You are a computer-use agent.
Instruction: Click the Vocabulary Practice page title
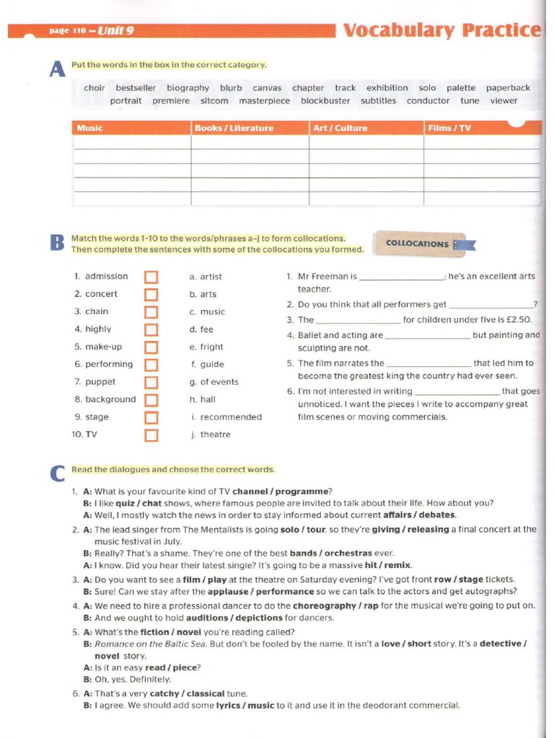(441, 30)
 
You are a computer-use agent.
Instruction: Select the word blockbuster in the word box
(325, 101)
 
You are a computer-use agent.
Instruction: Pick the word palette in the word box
(461, 88)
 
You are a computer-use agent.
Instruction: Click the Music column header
(90, 128)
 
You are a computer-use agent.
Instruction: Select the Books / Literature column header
(234, 128)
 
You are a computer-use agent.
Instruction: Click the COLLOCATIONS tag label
(418, 244)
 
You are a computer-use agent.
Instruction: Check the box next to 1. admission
(151, 277)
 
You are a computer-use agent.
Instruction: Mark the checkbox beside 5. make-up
(151, 347)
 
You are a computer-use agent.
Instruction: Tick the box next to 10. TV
(151, 435)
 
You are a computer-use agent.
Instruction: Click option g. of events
(214, 382)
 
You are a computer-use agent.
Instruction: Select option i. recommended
(227, 417)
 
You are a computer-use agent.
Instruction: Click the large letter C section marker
(58, 474)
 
